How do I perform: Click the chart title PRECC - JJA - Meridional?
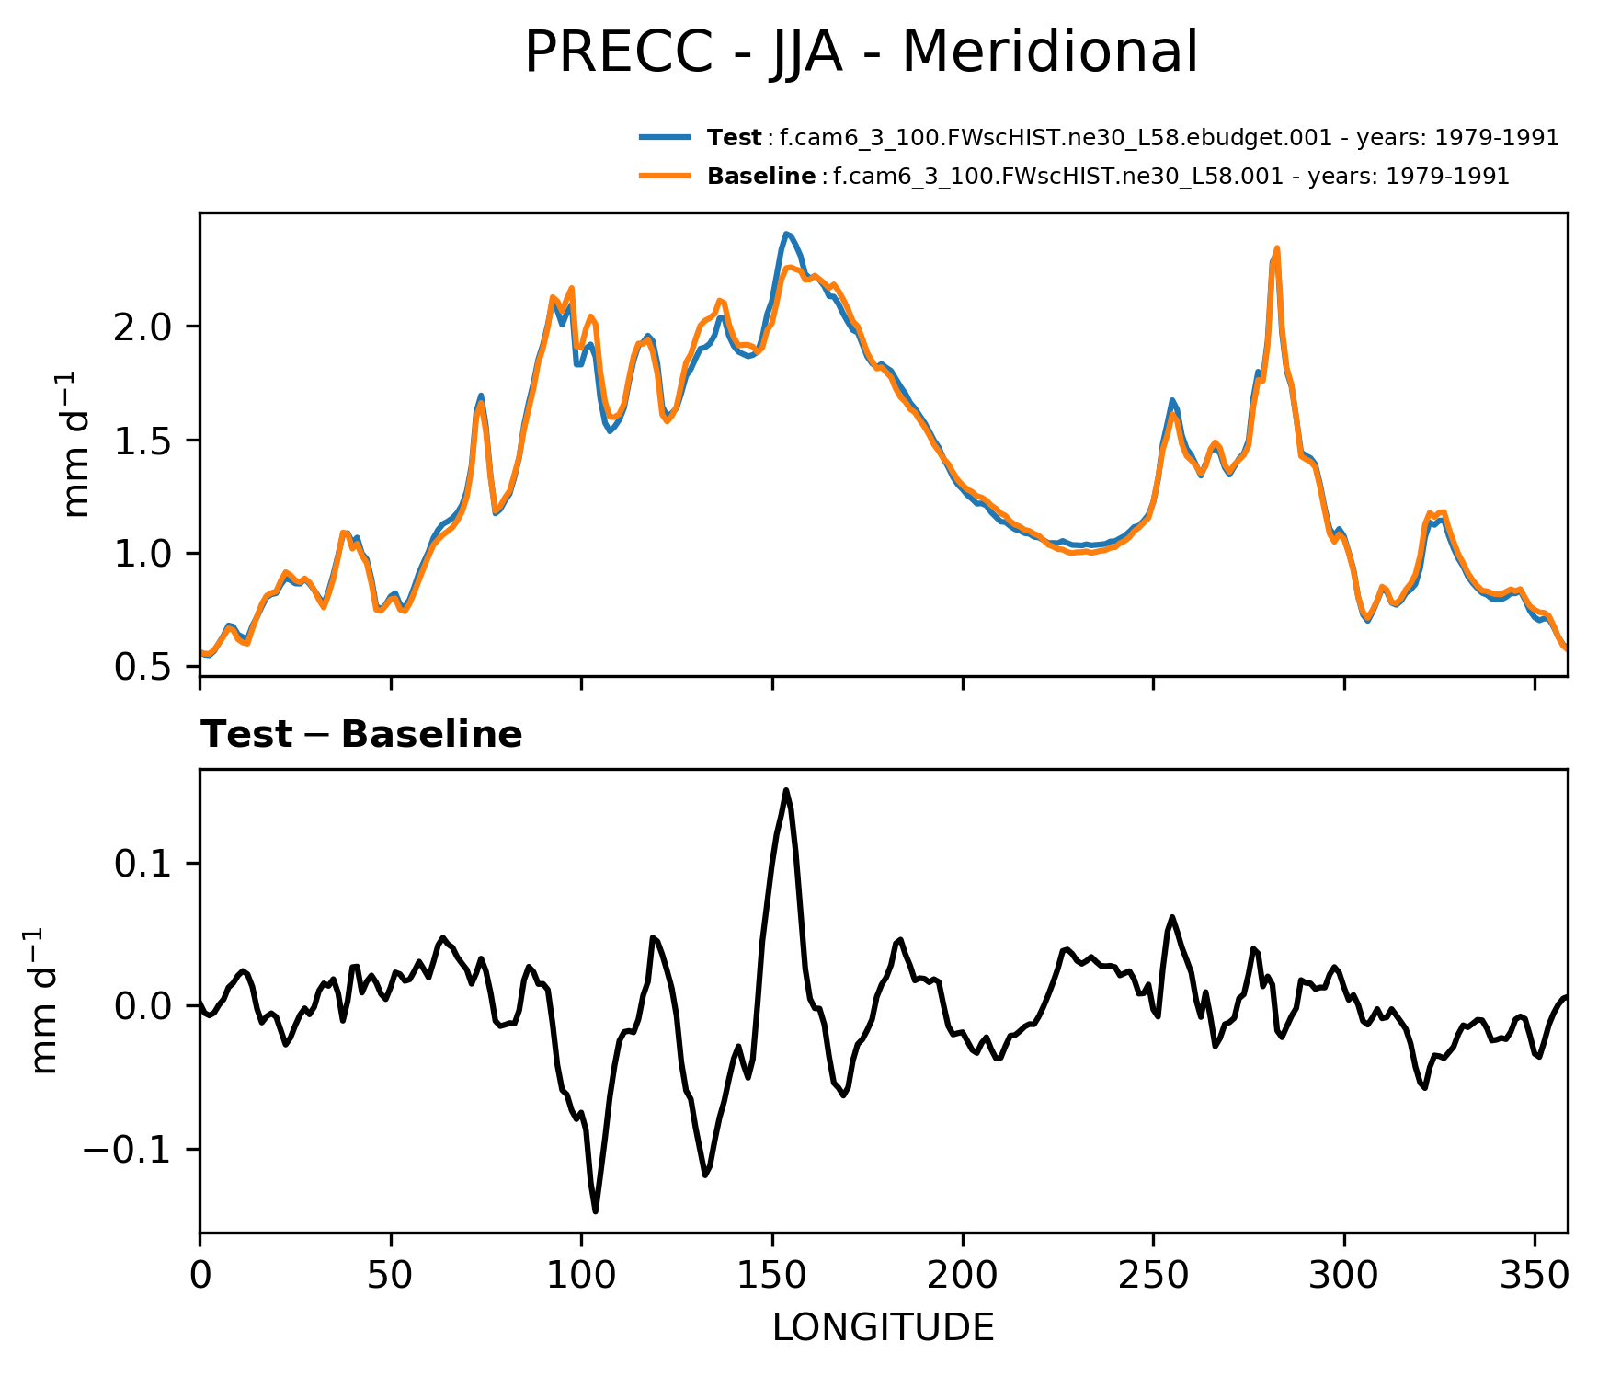coord(861,52)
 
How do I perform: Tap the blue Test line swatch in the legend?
coord(665,138)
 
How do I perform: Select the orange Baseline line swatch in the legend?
coord(665,176)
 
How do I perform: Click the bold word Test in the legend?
coord(734,138)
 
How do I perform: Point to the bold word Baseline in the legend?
coord(761,176)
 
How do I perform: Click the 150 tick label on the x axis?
coord(772,1275)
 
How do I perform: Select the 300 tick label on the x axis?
coord(1344,1275)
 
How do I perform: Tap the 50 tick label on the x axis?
coord(391,1275)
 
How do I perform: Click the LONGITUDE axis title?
coord(883,1327)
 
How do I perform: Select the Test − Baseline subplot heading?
coord(361,735)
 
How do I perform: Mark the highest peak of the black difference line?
coord(786,790)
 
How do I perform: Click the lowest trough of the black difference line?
coord(595,1211)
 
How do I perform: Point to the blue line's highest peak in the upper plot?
coord(787,234)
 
